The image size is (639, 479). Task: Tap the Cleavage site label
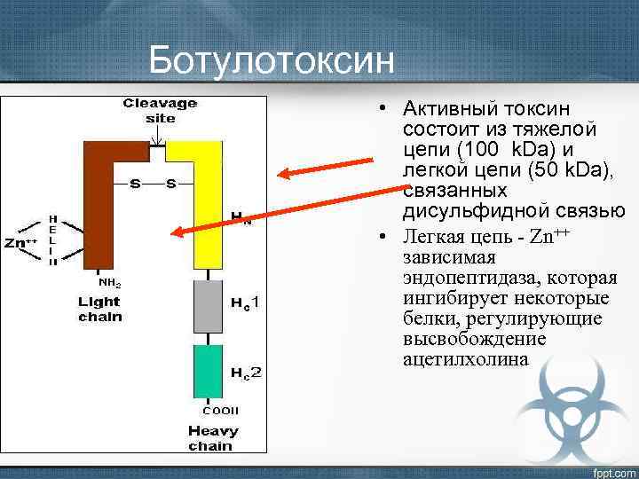[160, 110]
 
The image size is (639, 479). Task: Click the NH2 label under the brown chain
[110, 282]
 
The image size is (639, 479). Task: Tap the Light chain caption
[99, 309]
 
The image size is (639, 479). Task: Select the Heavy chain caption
[213, 438]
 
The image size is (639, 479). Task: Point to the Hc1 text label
[246, 304]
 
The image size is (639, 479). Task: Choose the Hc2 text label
[246, 372]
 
